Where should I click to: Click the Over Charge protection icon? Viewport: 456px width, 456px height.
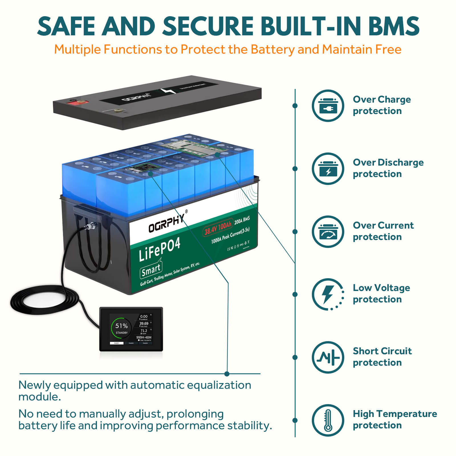click(x=328, y=106)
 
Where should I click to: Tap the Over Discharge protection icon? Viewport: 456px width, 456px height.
click(x=328, y=169)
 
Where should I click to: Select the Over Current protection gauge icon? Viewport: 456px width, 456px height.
click(x=328, y=232)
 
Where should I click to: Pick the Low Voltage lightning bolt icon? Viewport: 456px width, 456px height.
click(x=328, y=294)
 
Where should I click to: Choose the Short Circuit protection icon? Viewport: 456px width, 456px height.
click(x=328, y=357)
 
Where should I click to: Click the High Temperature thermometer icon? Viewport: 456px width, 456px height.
click(x=328, y=420)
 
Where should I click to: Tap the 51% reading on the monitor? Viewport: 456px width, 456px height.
click(x=121, y=326)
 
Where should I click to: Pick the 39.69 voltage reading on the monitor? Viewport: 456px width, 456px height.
click(x=144, y=323)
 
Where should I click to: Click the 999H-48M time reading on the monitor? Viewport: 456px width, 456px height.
click(x=144, y=337)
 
